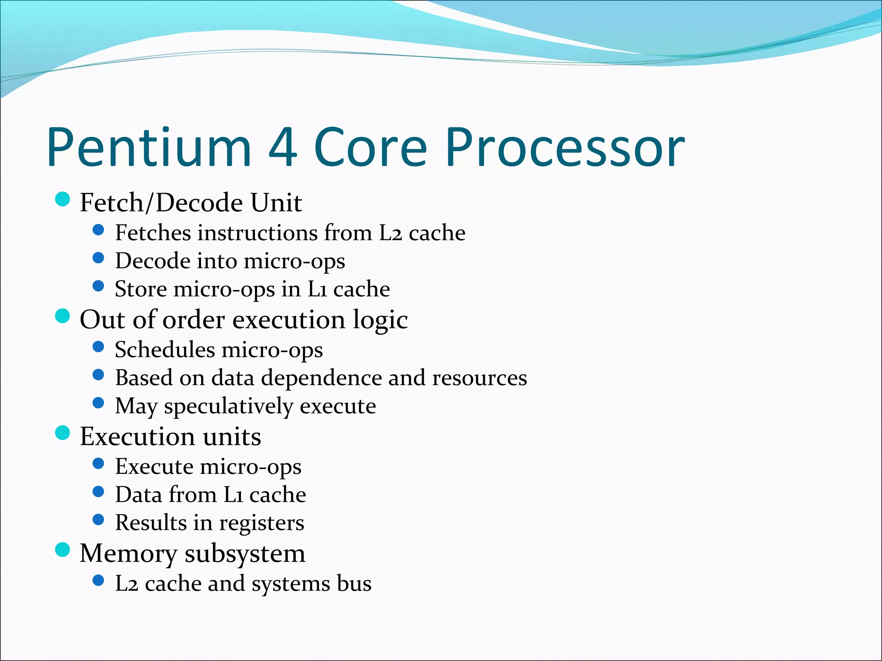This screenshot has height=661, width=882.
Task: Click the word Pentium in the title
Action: (149, 147)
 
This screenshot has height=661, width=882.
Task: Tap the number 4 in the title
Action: (282, 147)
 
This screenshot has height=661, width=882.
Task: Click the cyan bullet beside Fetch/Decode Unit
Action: (63, 199)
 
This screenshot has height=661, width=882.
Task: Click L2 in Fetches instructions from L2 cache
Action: (390, 233)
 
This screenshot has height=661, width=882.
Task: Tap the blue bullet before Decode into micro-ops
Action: (99, 258)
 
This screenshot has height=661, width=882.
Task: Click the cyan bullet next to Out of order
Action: (63, 316)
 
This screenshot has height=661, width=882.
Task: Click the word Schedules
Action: (165, 349)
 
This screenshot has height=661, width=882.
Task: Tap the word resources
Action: (479, 378)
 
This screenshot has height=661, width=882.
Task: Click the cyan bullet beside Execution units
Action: (63, 433)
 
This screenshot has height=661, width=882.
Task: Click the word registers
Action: (261, 523)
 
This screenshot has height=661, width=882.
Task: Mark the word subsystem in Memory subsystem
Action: (245, 554)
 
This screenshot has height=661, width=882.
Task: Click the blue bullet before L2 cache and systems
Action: (99, 581)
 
